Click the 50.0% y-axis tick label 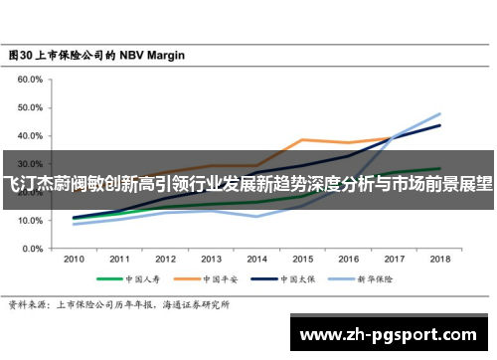pos(30,107)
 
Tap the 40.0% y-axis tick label pos(30,135)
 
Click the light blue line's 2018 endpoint pos(439,113)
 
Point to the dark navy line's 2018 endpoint pos(439,125)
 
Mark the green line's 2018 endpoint pos(439,168)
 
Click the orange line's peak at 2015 pos(302,139)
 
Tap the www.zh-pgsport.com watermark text pos(393,331)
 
